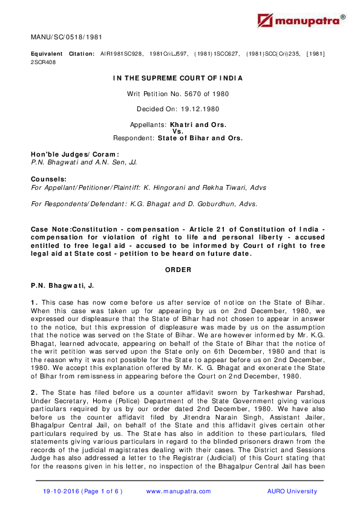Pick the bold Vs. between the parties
pyautogui.click(x=178, y=131)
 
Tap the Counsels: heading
pyautogui.click(x=49, y=180)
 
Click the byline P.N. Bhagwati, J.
pyautogui.click(x=63, y=284)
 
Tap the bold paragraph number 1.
pyautogui.click(x=34, y=301)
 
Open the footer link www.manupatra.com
pyautogui.click(x=178, y=491)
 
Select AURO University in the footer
pyautogui.click(x=292, y=491)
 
